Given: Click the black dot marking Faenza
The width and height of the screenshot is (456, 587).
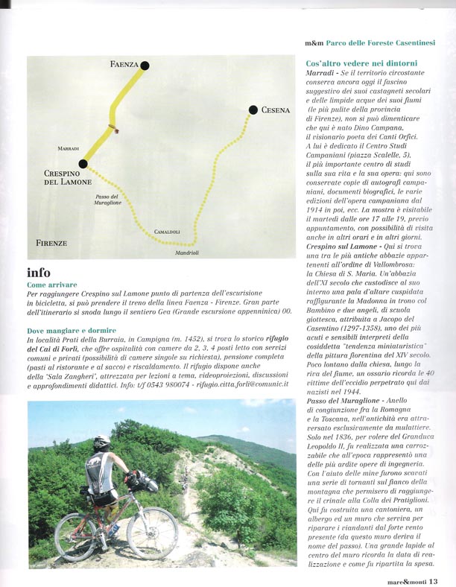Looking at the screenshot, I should (145, 66).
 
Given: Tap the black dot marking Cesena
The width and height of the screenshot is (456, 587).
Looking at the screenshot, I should (252, 110).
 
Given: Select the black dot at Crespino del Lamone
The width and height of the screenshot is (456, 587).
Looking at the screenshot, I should (83, 164).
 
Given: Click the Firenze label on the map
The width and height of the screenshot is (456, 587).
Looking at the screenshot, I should (51, 243).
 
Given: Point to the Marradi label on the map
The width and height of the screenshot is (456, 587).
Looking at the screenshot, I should (68, 149).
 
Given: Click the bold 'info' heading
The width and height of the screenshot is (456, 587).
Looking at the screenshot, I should (39, 272).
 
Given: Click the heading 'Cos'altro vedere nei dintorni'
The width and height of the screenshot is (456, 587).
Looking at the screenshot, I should (361, 63).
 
